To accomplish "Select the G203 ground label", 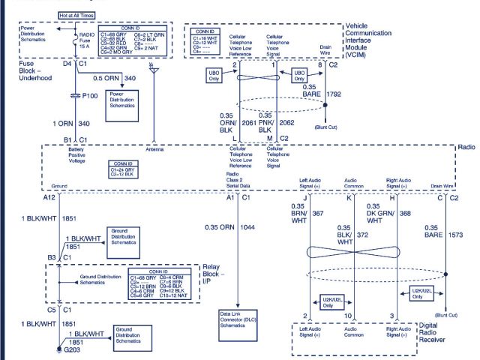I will (72, 349).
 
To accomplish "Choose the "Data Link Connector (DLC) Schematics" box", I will (237, 318).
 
